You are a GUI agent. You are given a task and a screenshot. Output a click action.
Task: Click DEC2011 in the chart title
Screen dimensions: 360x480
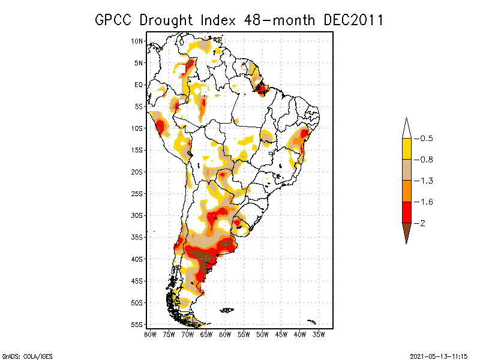(353, 20)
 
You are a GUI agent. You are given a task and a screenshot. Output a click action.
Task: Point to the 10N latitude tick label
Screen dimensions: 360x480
(137, 41)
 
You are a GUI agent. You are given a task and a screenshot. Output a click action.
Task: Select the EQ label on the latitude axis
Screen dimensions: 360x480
(139, 85)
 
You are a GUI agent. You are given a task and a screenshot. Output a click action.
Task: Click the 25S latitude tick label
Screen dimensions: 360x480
(137, 194)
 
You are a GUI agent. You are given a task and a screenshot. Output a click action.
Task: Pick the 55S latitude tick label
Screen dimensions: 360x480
(137, 325)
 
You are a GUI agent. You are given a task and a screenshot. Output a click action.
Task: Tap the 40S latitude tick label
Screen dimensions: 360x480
(137, 259)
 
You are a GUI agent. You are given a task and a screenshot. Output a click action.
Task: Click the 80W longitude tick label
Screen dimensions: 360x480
(150, 334)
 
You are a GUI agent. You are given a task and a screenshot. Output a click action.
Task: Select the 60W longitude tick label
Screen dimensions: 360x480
(225, 334)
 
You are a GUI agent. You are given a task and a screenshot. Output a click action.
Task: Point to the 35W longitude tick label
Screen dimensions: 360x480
(319, 334)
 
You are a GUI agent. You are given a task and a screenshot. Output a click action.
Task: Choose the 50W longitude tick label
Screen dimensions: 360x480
(262, 334)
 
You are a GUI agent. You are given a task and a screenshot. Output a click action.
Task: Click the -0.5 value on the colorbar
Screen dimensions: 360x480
(426, 139)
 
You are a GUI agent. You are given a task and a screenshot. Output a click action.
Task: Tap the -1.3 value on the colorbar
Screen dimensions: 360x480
(426, 181)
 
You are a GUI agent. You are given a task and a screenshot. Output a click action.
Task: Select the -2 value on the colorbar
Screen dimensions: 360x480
(422, 223)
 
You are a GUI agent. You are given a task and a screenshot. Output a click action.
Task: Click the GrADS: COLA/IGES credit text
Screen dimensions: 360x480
(23, 355)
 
